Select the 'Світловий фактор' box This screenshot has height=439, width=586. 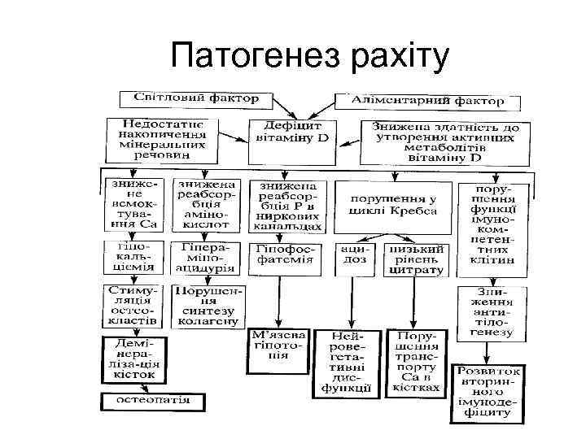[190, 98]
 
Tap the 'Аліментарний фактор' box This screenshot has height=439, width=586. [429, 100]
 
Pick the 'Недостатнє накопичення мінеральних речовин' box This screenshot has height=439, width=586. [160, 137]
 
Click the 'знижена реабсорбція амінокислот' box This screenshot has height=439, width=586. [203, 204]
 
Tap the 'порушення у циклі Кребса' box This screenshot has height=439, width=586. [392, 204]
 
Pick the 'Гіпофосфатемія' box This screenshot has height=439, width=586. [284, 254]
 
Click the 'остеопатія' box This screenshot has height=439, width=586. [146, 400]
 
